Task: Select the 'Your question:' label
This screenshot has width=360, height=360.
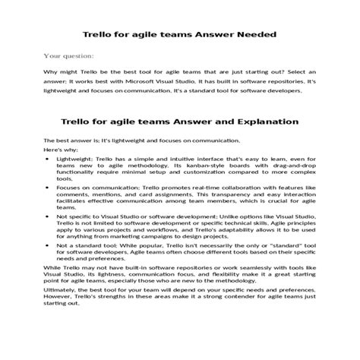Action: pyautogui.click(x=69, y=55)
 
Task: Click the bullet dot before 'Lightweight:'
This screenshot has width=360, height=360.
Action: pyautogui.click(x=47, y=159)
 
